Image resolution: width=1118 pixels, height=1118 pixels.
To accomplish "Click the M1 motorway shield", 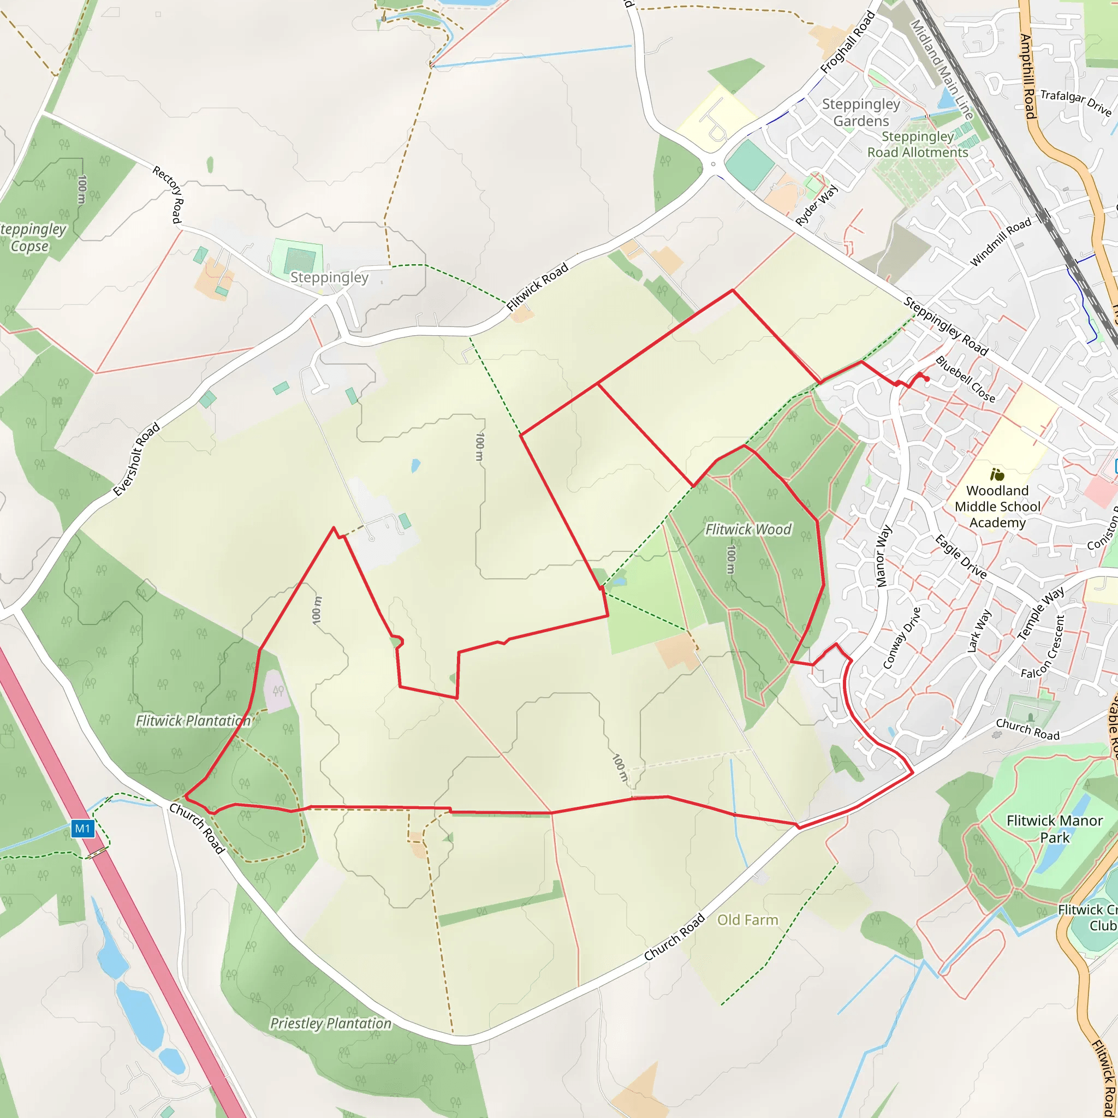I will tap(82, 829).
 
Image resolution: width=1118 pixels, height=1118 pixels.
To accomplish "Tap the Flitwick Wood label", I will tap(748, 530).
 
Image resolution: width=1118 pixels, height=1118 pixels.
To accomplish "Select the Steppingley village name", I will tap(329, 277).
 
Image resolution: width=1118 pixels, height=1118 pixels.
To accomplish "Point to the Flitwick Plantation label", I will tap(193, 721).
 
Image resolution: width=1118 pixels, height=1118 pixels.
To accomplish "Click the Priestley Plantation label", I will tap(330, 1023).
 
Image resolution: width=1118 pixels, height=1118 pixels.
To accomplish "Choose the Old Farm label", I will tap(748, 919).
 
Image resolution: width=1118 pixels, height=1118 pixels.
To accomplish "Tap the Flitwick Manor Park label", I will tap(1054, 829).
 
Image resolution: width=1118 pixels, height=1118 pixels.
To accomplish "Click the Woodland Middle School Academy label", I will tap(997, 507).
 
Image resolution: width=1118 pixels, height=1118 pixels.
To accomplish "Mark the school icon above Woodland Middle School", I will tap(996, 474).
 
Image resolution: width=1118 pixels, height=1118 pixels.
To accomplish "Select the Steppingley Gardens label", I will tap(861, 112).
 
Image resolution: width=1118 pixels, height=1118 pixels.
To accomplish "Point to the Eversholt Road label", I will tap(136, 460).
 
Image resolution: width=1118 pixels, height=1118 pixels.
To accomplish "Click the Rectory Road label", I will tap(168, 194).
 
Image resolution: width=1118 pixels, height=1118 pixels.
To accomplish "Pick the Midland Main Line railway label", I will tap(942, 69).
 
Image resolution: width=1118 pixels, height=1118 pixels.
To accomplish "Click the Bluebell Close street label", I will tap(965, 379).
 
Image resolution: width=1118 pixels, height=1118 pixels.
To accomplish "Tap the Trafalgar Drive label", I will tap(1076, 102).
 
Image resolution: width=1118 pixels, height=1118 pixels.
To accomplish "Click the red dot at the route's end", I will tap(927, 379).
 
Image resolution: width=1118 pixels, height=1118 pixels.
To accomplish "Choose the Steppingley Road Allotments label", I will tap(918, 144).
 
